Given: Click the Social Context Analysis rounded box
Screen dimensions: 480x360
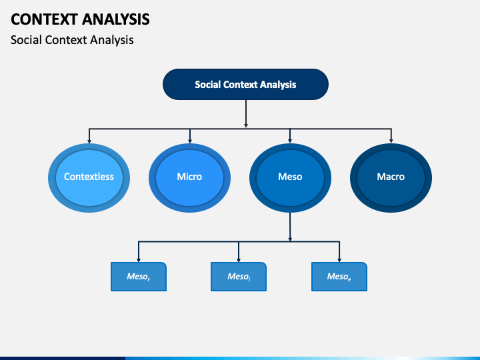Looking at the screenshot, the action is pos(245,84).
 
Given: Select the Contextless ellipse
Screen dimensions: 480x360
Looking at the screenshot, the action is pos(89,178).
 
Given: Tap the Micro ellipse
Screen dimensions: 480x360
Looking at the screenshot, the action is pos(189,178).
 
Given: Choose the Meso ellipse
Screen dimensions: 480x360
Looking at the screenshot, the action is pos(290,178).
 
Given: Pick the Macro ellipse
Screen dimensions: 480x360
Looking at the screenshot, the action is pos(391,178).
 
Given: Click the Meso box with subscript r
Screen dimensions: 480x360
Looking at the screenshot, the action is pos(139,277).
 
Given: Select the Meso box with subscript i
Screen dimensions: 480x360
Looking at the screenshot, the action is pos(239,277).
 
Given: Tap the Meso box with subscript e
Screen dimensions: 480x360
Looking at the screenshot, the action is pos(339,277).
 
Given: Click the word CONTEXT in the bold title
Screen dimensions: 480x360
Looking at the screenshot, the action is pos(44,19).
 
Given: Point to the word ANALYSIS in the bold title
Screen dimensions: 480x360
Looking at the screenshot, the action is pos(116,19).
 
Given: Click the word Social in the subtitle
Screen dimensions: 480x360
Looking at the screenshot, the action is pos(26,40).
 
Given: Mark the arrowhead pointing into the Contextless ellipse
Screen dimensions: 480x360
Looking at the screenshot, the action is pos(89,141).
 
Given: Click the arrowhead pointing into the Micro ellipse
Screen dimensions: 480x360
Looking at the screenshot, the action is pos(190,141).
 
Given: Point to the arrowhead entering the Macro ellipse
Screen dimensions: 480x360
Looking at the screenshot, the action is pos(391,141).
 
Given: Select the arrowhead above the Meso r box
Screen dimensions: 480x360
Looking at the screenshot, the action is pos(139,259).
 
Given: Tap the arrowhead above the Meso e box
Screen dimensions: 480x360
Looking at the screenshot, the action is pos(339,259).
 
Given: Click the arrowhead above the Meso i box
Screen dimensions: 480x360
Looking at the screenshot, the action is pos(239,259).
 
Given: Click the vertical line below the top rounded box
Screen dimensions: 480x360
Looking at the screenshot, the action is pos(246,113).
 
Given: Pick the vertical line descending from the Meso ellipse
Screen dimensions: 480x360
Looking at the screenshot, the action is pos(290,227).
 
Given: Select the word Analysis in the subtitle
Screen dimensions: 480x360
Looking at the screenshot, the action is pos(112,40).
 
